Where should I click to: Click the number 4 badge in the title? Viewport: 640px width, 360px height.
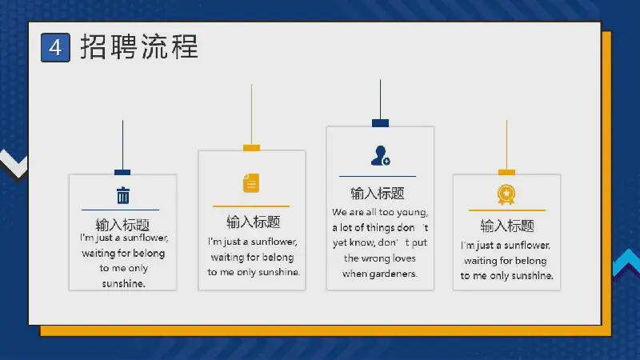pos(55,48)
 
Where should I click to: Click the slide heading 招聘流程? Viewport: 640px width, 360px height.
pos(139,47)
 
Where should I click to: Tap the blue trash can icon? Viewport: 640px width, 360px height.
pos(123,195)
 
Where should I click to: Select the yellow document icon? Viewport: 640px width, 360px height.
pos(251,182)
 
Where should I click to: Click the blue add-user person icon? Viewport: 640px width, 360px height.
pos(381,155)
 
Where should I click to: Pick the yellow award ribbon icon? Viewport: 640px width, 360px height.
pos(506,194)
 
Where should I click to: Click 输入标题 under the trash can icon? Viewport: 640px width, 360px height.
pos(122,225)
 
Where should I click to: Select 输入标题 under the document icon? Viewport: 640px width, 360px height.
pos(254,222)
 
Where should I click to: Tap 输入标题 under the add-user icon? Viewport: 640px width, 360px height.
pos(378,193)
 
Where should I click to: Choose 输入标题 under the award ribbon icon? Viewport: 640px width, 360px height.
pos(507,226)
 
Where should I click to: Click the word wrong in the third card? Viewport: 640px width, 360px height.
pos(377,258)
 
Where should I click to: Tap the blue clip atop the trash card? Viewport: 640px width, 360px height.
pos(122,172)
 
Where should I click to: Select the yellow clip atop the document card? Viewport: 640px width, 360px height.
pos(251,148)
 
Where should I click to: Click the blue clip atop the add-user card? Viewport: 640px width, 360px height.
pos(380,123)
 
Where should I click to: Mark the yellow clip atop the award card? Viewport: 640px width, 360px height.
pos(506,172)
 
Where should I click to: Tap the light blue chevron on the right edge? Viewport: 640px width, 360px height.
pos(626,262)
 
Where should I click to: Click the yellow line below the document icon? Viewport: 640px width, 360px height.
pos(251,206)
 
